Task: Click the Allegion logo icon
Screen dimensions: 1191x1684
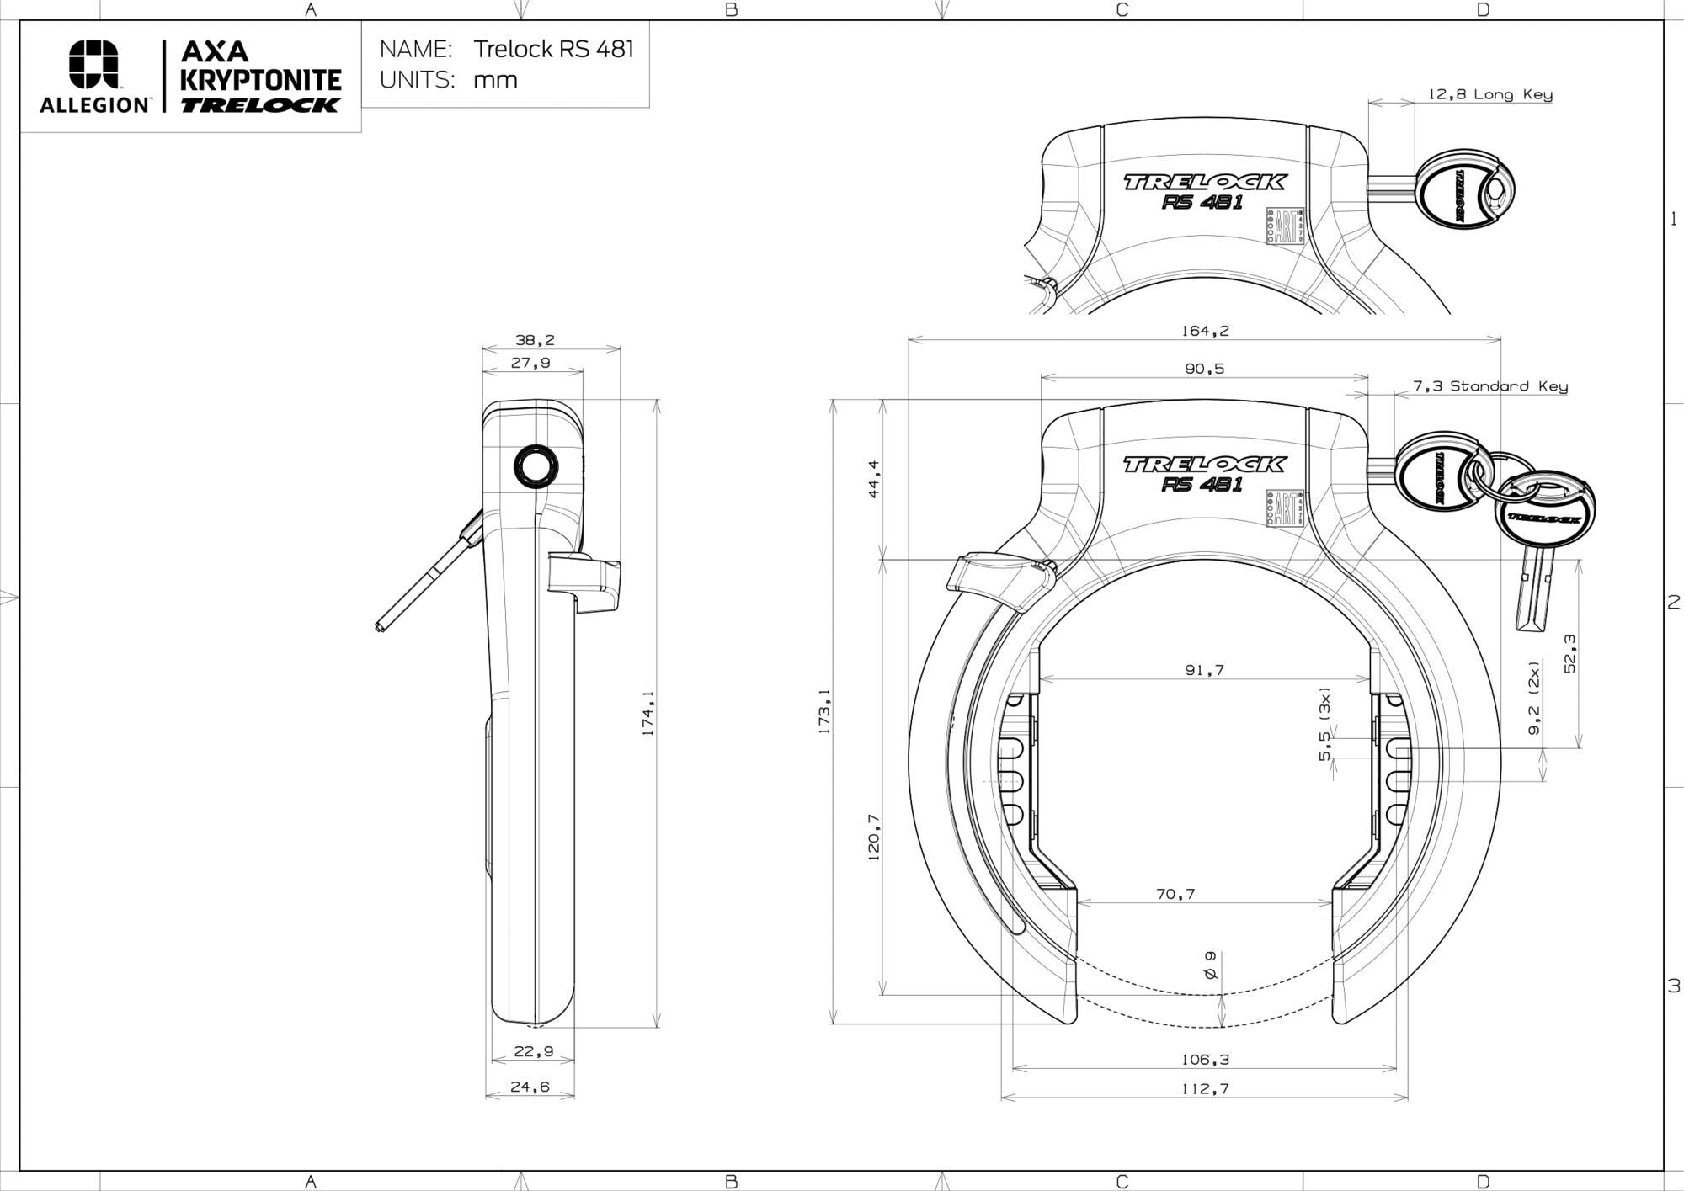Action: coord(93,64)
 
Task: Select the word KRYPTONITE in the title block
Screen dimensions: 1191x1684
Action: coord(261,81)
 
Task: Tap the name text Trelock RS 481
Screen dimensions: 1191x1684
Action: coord(553,49)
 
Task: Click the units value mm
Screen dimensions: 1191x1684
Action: coord(495,80)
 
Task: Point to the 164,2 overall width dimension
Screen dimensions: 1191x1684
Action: coord(1204,331)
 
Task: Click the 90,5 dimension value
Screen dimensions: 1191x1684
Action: coord(1204,369)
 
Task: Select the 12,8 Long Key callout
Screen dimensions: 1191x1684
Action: coord(1489,94)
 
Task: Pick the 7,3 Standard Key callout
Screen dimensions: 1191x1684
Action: coord(1489,386)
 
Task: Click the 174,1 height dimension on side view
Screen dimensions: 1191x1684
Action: coord(647,713)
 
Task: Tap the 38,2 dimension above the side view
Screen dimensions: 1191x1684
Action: coord(535,340)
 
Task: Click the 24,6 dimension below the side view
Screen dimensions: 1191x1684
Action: coord(530,1087)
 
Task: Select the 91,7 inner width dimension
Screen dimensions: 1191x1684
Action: coord(1204,670)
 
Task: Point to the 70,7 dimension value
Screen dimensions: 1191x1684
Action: coord(1175,894)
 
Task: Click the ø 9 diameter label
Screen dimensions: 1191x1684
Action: coord(1210,965)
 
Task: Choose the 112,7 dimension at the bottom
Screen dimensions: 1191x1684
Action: coord(1204,1088)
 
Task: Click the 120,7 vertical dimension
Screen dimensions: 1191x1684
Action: coord(873,837)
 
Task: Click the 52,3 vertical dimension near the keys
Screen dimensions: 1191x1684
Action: coord(1569,653)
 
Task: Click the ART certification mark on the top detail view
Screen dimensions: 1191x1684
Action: coord(1285,226)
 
